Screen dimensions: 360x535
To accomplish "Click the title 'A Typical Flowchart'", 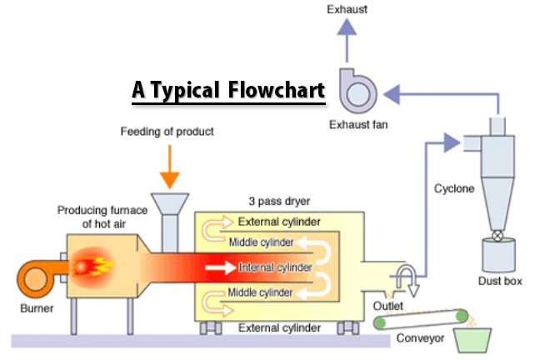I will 227,90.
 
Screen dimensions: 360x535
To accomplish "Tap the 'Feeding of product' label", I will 167,132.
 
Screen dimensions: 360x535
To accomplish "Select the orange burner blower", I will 35,276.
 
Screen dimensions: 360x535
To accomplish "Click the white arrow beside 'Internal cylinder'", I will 219,267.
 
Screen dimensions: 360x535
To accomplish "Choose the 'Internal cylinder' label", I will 274,267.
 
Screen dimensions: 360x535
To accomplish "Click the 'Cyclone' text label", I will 453,188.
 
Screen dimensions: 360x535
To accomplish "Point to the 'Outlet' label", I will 387,307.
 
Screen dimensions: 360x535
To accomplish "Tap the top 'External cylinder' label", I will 276,222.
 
